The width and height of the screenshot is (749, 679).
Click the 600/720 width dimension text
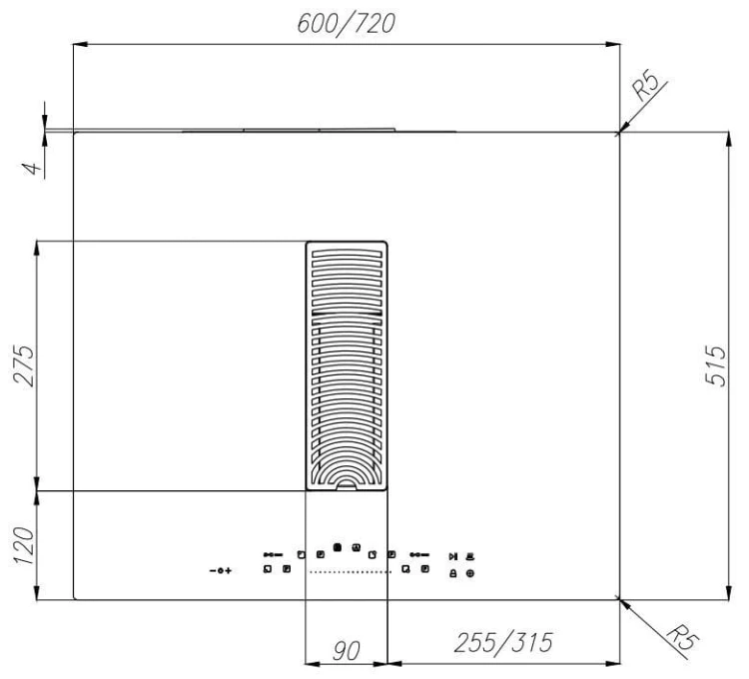pos(347,24)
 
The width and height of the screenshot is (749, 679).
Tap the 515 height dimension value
pos(716,365)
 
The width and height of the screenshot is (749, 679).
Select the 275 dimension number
pos(24,365)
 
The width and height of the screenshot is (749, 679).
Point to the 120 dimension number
pos(23,546)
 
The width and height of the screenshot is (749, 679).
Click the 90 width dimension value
pos(347,651)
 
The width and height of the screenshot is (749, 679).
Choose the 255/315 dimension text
pos(503,643)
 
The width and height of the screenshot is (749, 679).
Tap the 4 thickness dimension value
pos(32,168)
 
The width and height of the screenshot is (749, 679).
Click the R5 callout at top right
pos(646,85)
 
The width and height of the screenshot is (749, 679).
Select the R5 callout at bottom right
pos(683,635)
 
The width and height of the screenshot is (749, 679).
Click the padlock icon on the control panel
pos(452,573)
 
